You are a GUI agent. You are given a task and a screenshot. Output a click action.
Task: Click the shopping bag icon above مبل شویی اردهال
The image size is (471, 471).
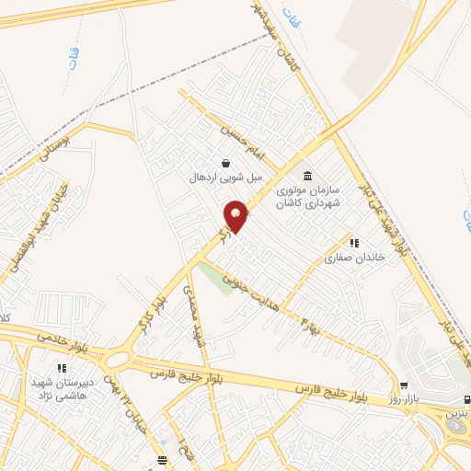pos(225,162)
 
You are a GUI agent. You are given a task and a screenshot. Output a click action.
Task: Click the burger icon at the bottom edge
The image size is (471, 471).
pos(162,458)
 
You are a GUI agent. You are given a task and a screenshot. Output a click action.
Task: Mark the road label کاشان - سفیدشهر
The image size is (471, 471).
pos(275,32)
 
